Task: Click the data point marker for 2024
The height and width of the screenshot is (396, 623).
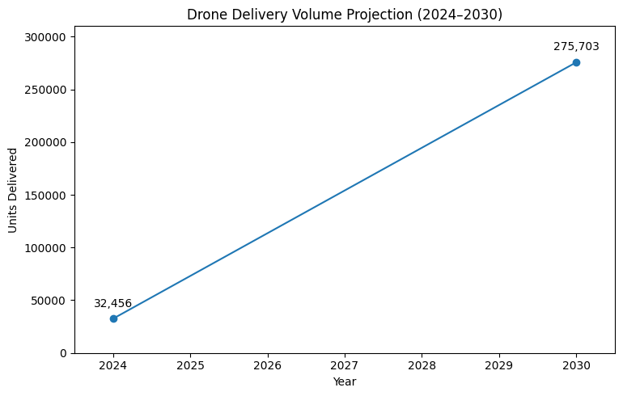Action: pos(113,318)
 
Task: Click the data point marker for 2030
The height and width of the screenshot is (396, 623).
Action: pos(576,62)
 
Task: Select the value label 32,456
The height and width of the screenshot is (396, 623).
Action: pos(112,303)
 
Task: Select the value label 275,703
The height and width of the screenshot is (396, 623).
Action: pos(576,47)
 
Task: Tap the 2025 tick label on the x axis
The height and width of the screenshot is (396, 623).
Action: pos(190,366)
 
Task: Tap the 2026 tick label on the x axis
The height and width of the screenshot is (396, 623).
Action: pos(268,366)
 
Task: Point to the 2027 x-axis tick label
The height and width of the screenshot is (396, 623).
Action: pos(345,366)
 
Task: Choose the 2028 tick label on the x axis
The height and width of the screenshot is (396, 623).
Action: pos(422,366)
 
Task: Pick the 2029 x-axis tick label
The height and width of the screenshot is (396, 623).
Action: pos(499,366)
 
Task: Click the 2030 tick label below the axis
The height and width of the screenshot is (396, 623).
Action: pos(576,366)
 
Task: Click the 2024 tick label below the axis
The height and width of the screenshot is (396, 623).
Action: pos(113,366)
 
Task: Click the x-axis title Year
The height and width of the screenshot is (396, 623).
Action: pos(345,381)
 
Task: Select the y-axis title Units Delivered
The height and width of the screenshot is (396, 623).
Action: pos(13,190)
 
